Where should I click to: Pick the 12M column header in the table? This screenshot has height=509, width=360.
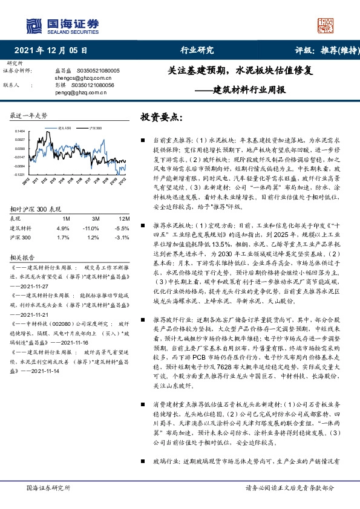pos(123,218)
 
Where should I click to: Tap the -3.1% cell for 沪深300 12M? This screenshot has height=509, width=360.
pos(123,238)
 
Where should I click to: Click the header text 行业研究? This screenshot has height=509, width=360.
pos(197,51)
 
